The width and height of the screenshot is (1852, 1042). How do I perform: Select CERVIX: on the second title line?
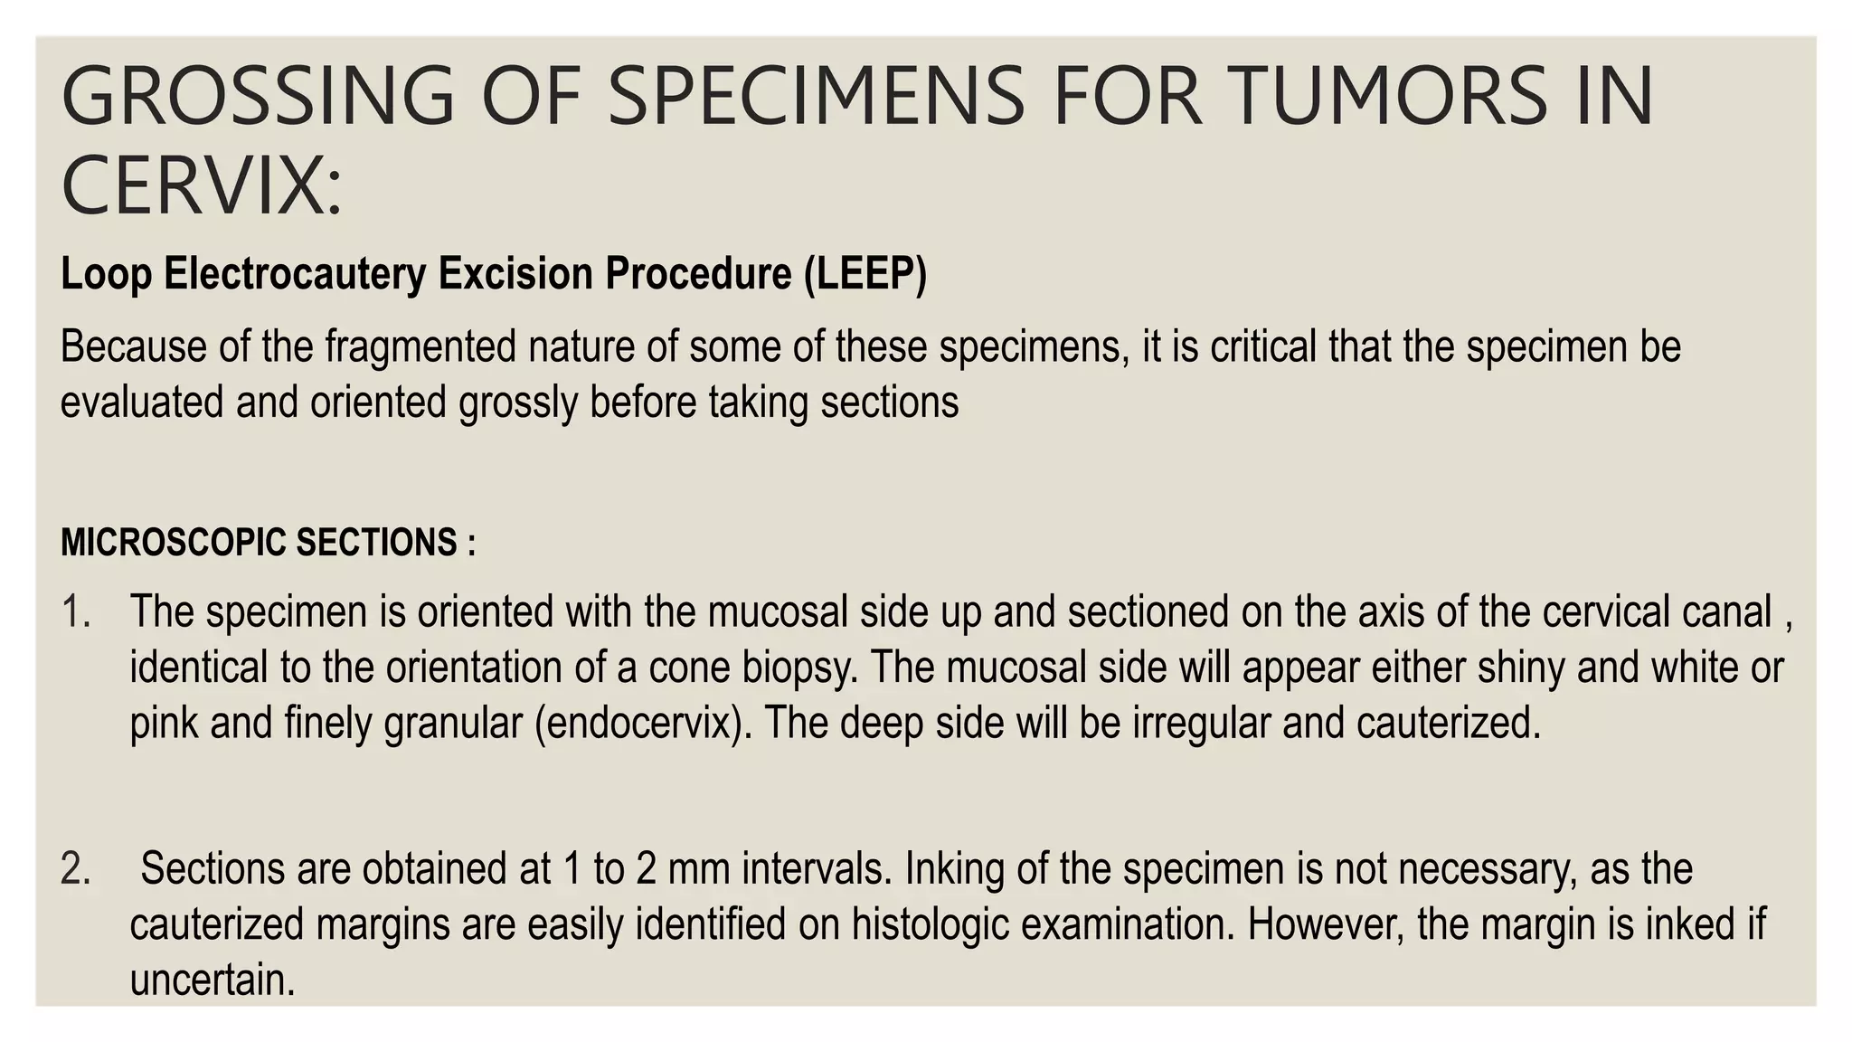(202, 185)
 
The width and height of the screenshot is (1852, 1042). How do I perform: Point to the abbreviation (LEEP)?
(865, 274)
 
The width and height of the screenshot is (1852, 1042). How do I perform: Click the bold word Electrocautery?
(294, 274)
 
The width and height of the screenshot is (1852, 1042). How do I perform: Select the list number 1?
(76, 612)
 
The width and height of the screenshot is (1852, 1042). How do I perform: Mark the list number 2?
(76, 869)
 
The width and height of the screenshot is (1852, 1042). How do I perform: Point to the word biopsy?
(798, 668)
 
